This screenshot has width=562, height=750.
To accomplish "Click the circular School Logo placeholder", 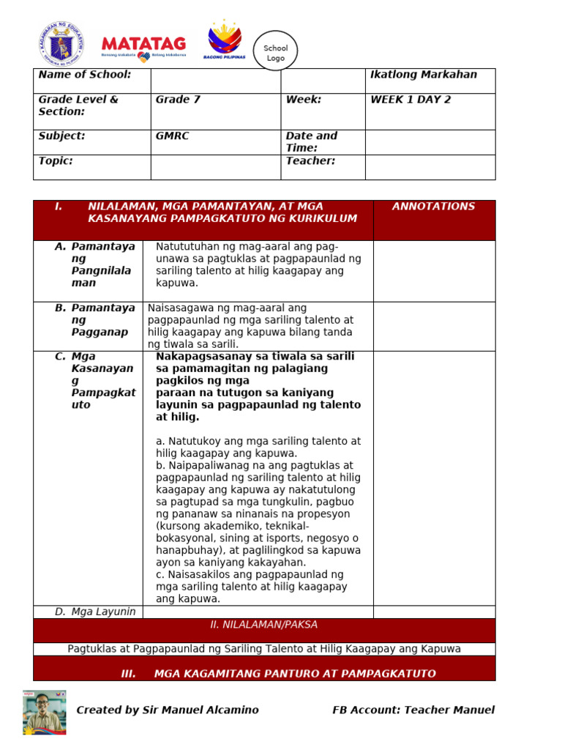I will tap(276, 51).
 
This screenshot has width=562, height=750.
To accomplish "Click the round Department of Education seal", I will tap(61, 43).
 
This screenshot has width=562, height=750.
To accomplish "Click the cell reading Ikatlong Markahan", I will tap(424, 75).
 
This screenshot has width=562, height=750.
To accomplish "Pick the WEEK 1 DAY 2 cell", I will tap(411, 100).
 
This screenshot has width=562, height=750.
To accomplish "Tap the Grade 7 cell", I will tap(178, 100).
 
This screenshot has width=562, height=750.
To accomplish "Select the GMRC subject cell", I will tap(173, 136).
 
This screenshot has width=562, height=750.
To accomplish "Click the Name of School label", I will tap(85, 75).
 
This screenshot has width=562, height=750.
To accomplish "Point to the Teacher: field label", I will tap(310, 161).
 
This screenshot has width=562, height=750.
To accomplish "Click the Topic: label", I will tap(56, 161).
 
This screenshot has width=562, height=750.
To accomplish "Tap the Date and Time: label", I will tap(312, 141).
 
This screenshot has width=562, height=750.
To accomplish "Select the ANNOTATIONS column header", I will tap(433, 207).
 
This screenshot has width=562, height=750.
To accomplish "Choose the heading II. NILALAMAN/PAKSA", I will tap(263, 625).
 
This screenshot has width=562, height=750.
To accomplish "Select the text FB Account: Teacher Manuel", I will tap(413, 710).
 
